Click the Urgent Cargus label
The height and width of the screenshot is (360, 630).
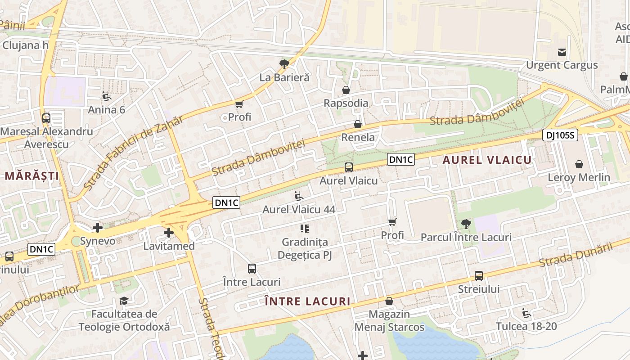[562, 65]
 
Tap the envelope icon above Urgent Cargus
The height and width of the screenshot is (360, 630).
[562, 52]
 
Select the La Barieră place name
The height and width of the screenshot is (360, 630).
[284, 77]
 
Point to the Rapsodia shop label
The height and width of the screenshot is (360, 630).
[346, 103]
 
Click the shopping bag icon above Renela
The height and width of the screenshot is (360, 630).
[358, 124]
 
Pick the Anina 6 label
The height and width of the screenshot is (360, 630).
[107, 109]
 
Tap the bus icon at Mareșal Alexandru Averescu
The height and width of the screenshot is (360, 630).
[46, 118]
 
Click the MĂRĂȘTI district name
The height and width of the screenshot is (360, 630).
[32, 176]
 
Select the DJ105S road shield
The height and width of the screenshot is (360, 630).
[560, 135]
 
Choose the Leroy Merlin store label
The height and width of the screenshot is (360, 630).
[579, 177]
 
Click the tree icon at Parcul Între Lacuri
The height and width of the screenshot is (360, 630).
[466, 224]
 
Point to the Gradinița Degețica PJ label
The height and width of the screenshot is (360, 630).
[305, 248]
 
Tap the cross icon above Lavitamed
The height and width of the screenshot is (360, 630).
[169, 233]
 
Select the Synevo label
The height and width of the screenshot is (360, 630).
[98, 241]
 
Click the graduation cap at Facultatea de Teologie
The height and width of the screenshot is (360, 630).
[124, 301]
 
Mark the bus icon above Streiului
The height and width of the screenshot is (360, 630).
[479, 276]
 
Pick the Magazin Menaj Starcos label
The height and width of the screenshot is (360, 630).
[389, 320]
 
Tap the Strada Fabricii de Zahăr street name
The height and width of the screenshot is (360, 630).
[133, 153]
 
